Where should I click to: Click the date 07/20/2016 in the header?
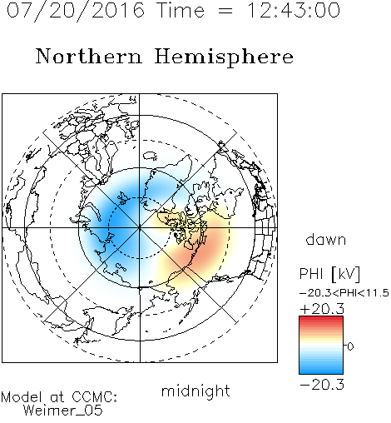tap(76, 11)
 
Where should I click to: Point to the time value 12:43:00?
tap(294, 10)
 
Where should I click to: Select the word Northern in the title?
tap(89, 56)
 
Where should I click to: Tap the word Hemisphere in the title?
tap(224, 57)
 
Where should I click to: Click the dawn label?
tap(326, 240)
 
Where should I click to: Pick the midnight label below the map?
tap(195, 391)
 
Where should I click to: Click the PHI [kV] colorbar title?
tap(329, 274)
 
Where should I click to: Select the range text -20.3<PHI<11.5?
tap(344, 293)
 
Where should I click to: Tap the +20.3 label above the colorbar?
tap(322, 309)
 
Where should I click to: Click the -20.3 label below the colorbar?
tap(322, 385)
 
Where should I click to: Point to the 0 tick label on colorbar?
tap(350, 346)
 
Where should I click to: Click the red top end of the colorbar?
tap(321, 318)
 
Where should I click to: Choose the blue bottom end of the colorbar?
tap(321, 371)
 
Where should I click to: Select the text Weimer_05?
tap(62, 410)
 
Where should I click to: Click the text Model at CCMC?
tap(59, 397)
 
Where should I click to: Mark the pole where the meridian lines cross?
tap(140, 228)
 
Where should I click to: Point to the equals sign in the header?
tap(225, 11)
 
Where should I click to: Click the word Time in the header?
tap(181, 10)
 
